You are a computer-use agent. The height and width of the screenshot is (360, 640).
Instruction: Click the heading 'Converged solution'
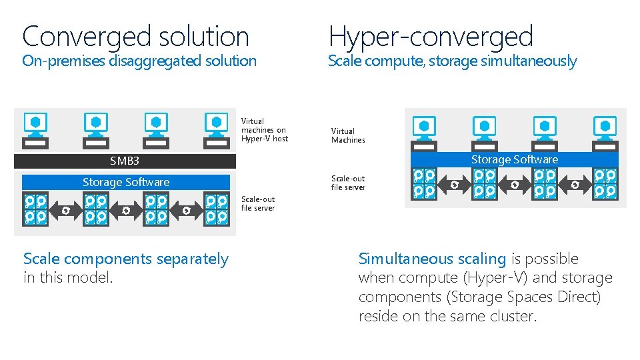(x=135, y=36)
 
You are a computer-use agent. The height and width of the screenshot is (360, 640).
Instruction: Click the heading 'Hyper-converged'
(x=431, y=36)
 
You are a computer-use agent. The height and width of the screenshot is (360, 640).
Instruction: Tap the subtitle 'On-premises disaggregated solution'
(x=139, y=61)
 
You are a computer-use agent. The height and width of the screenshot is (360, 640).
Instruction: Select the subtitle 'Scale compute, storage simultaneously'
(x=452, y=61)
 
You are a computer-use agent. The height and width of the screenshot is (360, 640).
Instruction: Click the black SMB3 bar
(x=125, y=161)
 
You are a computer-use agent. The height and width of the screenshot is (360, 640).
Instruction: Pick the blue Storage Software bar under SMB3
(x=125, y=182)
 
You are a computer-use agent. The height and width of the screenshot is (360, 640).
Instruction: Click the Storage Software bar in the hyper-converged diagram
(x=514, y=159)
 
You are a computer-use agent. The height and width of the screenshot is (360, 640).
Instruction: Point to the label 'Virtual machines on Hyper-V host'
(x=264, y=130)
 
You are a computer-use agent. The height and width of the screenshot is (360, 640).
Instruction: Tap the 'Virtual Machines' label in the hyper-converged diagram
(x=348, y=135)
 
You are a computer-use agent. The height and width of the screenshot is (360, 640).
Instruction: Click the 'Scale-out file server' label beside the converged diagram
(x=258, y=203)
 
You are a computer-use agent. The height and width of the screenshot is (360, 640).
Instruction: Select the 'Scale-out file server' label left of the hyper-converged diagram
(x=348, y=183)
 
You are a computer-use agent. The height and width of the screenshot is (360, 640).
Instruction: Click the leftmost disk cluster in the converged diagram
(x=35, y=209)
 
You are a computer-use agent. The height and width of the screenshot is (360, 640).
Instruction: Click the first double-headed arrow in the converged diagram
(x=65, y=210)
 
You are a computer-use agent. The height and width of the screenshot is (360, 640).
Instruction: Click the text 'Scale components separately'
(x=126, y=259)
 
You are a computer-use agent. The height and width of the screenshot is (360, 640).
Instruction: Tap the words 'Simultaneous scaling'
(x=432, y=259)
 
